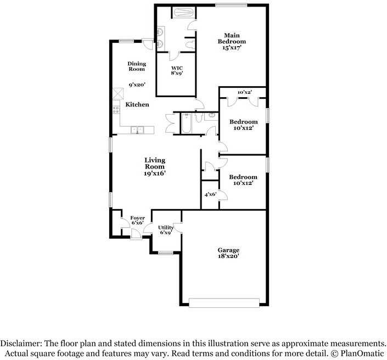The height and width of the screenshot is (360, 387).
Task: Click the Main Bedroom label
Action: (x=232, y=38)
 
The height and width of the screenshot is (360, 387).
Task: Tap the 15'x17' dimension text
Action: (x=232, y=48)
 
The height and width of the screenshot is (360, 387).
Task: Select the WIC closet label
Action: (x=177, y=68)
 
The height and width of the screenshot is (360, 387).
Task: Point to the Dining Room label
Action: (x=137, y=66)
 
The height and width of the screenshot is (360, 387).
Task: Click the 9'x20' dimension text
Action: (x=137, y=85)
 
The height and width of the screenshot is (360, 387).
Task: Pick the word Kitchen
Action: (x=137, y=105)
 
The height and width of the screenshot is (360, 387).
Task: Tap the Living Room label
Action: (x=155, y=164)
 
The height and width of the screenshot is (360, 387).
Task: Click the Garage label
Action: (x=228, y=250)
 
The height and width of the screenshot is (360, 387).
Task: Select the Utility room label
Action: (x=166, y=228)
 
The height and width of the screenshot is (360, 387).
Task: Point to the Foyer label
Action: (x=137, y=218)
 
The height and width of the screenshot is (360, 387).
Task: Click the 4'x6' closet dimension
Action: (x=211, y=194)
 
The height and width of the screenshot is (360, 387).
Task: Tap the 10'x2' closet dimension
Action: (x=245, y=92)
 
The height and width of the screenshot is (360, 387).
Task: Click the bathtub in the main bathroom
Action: (x=183, y=13)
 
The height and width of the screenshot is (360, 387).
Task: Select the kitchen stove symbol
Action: (x=116, y=109)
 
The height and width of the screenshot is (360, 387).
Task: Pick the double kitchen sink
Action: (x=137, y=130)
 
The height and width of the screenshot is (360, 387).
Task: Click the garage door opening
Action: (x=224, y=303)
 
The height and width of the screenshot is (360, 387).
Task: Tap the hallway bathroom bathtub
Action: (x=186, y=123)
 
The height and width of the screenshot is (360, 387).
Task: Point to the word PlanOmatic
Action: (x=362, y=353)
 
